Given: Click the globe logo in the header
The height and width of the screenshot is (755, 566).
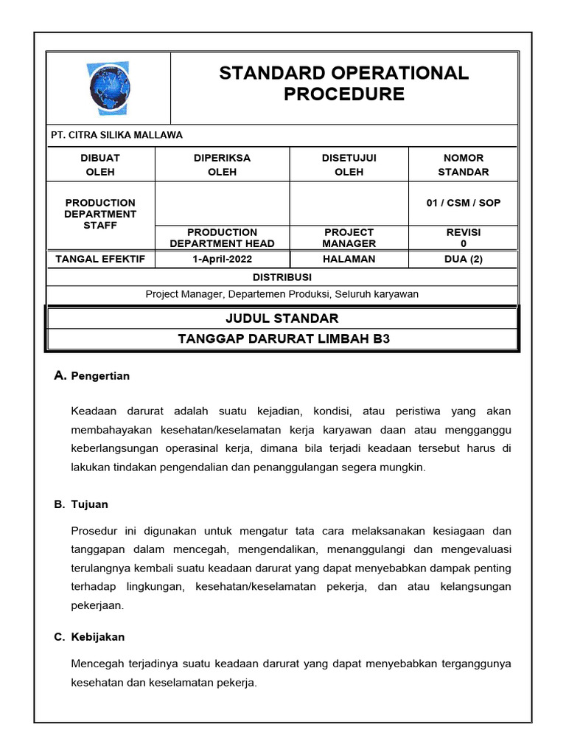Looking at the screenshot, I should tap(108, 88).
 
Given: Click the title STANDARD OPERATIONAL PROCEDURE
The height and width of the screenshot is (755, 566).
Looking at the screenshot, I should tap(343, 83).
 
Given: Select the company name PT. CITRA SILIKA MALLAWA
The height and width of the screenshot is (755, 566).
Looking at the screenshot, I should tap(116, 135).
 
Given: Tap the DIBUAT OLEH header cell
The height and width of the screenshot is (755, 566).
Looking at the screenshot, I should tap(100, 165).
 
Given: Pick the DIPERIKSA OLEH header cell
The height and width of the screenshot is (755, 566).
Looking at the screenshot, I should tap(222, 165).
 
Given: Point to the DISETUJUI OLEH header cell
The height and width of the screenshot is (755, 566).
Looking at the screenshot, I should tap(349, 165).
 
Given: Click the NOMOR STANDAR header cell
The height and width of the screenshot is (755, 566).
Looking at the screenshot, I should tap(463, 165).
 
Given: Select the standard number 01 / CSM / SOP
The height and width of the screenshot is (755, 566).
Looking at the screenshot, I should tap(463, 203).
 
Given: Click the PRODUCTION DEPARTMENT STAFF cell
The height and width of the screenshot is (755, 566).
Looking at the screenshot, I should tap(100, 214).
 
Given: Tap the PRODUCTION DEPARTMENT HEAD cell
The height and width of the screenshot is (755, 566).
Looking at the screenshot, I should tap(222, 237).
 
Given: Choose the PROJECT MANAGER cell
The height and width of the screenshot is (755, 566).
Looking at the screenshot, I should tap(349, 237).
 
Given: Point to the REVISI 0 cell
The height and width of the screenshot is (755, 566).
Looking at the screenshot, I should tap(463, 237).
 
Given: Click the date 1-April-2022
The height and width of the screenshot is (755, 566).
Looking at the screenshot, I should tap(222, 259).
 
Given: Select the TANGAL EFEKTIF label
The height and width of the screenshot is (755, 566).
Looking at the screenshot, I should tap(100, 259).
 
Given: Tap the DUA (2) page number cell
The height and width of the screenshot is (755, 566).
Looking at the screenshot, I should tap(463, 259).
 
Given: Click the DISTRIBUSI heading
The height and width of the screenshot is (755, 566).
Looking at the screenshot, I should tap(282, 277).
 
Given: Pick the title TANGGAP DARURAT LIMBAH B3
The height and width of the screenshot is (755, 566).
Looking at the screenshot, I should tap(283, 339).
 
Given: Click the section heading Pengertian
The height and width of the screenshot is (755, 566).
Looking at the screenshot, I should tap(100, 376).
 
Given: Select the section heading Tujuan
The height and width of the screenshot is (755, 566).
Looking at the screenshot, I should tap(89, 504).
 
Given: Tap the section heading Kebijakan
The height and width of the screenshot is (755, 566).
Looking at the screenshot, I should tap(98, 637).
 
